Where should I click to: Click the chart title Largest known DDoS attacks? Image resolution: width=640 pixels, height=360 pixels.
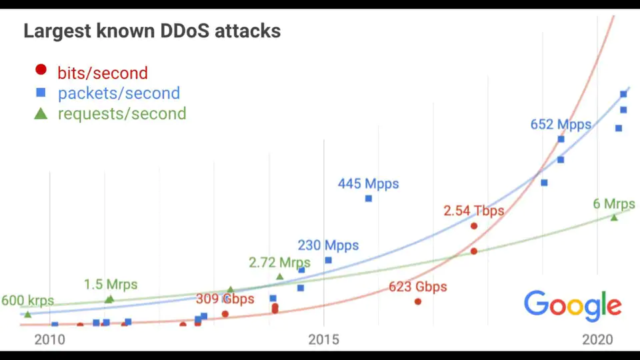point(152,31)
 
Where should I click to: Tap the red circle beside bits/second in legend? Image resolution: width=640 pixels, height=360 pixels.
point(41,69)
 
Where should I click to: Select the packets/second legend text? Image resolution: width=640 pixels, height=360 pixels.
point(119,93)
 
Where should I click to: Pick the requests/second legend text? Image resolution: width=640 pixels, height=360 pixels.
point(122,113)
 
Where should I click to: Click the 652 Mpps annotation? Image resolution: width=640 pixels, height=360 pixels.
point(561,124)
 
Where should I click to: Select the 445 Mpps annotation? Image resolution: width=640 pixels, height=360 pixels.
point(368,183)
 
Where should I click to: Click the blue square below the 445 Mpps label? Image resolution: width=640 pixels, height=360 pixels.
point(369,199)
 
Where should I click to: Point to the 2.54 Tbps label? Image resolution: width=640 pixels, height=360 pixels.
point(474,211)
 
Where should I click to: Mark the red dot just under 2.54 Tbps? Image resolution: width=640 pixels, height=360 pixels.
point(474,226)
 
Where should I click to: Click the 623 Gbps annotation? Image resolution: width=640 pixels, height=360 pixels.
point(418,287)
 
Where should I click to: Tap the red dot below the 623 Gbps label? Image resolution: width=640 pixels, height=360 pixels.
point(418,301)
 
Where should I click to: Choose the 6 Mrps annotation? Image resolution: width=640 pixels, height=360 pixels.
point(614,204)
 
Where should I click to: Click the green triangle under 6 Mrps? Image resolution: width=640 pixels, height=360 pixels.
point(614,217)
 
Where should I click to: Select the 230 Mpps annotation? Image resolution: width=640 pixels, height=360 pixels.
point(328,245)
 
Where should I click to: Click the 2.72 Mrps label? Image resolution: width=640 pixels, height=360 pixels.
point(280,263)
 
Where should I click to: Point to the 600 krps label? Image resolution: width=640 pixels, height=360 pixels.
point(27,301)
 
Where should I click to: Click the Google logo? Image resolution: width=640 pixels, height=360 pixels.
point(573,305)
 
